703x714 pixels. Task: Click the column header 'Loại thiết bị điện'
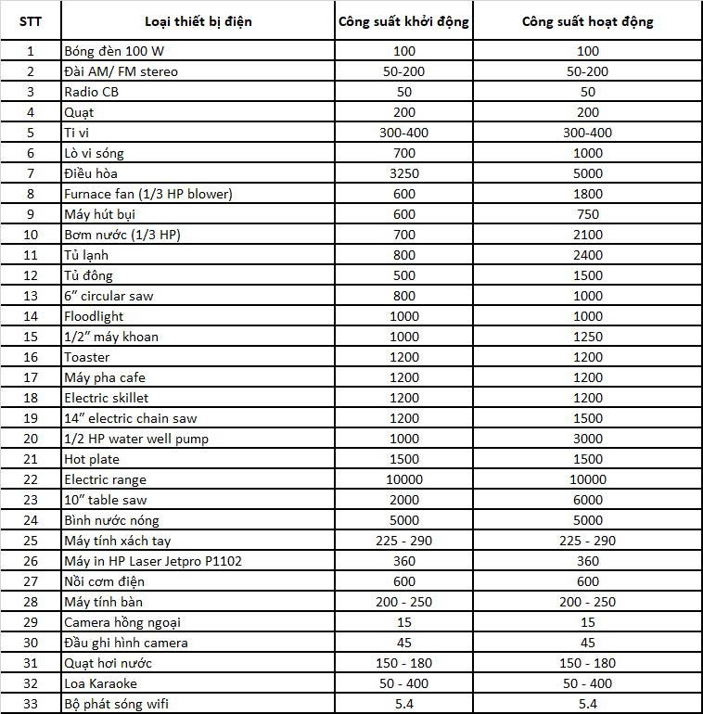198,21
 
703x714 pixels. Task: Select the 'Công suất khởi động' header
403,21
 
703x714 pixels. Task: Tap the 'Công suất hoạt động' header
587,21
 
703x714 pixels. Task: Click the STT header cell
31,21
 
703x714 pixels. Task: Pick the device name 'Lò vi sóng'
94,153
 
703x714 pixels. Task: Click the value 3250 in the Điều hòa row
403,173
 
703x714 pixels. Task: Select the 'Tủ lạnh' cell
84,255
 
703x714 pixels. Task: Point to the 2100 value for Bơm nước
587,235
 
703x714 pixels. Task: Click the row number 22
31,479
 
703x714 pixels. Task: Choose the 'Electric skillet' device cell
106,398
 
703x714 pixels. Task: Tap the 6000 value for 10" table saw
587,500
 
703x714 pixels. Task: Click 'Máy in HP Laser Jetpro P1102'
153,561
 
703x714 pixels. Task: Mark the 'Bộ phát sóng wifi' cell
116,704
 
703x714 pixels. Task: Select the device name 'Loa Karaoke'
100,683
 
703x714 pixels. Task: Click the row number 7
31,173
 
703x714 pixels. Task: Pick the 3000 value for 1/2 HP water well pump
587,439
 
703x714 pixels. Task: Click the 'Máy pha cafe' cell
105,377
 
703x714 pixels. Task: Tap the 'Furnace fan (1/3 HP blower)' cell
147,194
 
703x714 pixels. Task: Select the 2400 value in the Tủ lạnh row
587,255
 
